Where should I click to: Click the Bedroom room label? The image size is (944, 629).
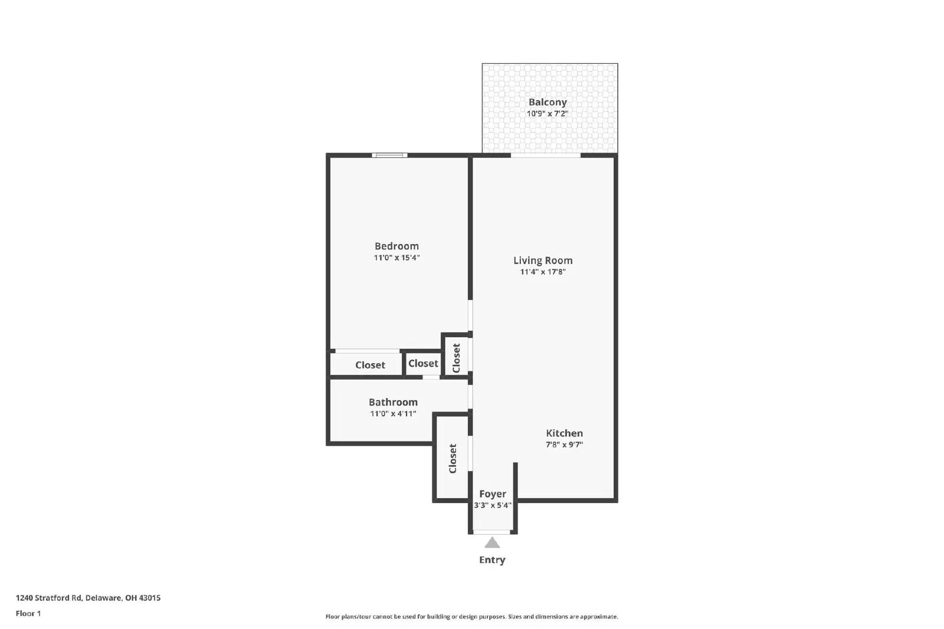coord(396,246)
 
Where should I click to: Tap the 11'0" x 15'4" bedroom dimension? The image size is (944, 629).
coord(396,258)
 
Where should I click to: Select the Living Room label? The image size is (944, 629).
coord(543,261)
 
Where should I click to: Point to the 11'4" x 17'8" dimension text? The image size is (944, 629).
coord(543,272)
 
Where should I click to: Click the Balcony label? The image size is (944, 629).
coord(548,103)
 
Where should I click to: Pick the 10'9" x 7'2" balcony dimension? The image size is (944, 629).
coord(548,114)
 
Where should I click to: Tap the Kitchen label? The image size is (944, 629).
coord(564,433)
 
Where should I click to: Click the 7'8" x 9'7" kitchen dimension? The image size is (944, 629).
coord(564,445)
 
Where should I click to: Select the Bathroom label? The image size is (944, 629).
coord(393,403)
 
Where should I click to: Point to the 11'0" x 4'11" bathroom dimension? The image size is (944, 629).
coord(393,414)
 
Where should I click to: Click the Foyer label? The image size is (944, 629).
coord(493,494)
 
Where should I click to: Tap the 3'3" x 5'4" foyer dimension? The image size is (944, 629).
coord(493,505)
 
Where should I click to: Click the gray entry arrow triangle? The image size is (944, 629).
coord(492,543)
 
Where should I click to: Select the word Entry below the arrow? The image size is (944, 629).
coord(492,560)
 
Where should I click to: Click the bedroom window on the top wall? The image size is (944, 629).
coord(389,156)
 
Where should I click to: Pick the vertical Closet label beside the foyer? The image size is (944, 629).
coord(453,459)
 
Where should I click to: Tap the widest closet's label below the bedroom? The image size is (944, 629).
coord(370,365)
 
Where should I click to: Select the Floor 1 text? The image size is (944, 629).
coord(28,614)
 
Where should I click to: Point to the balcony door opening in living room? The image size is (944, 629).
coord(546,156)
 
